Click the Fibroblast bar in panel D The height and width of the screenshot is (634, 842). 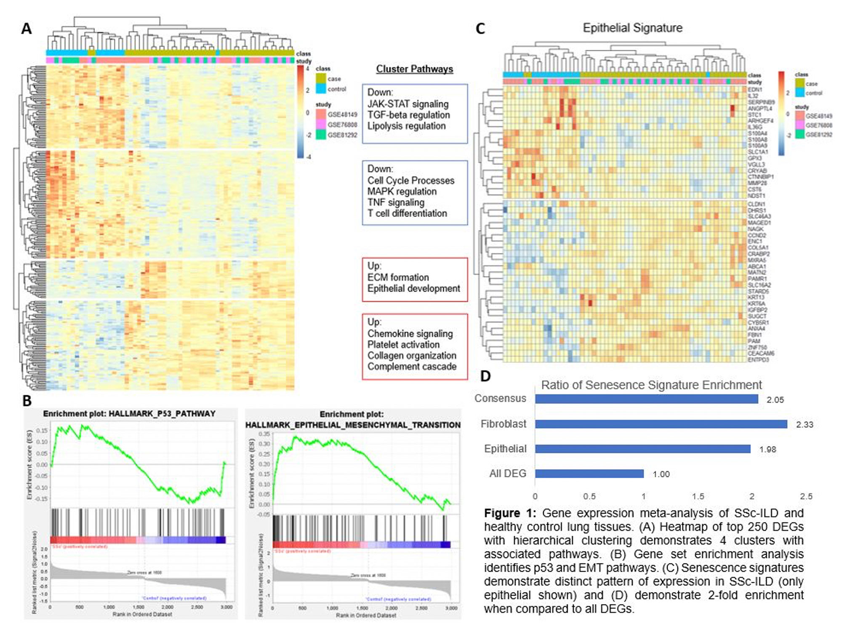661,424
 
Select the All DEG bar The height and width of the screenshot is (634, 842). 589,474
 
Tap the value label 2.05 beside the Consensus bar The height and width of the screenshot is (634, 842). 775,400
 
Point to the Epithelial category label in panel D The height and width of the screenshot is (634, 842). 505,449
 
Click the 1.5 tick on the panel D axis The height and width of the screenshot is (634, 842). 698,496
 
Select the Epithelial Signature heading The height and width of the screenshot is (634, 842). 632,28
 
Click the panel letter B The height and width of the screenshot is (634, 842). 27,401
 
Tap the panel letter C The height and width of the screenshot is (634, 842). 480,29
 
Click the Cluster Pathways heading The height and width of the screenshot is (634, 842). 414,69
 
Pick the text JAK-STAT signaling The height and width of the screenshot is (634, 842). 408,104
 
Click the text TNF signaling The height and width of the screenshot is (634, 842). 396,202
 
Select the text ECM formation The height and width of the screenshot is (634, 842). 398,277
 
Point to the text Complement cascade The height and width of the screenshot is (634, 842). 412,367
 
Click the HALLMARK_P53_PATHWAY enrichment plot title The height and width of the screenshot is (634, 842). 129,414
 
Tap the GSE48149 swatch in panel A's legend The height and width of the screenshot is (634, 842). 321,114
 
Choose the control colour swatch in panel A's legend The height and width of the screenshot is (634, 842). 321,89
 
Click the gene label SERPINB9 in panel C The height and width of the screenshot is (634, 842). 761,102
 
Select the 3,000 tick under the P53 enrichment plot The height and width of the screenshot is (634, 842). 226,607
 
